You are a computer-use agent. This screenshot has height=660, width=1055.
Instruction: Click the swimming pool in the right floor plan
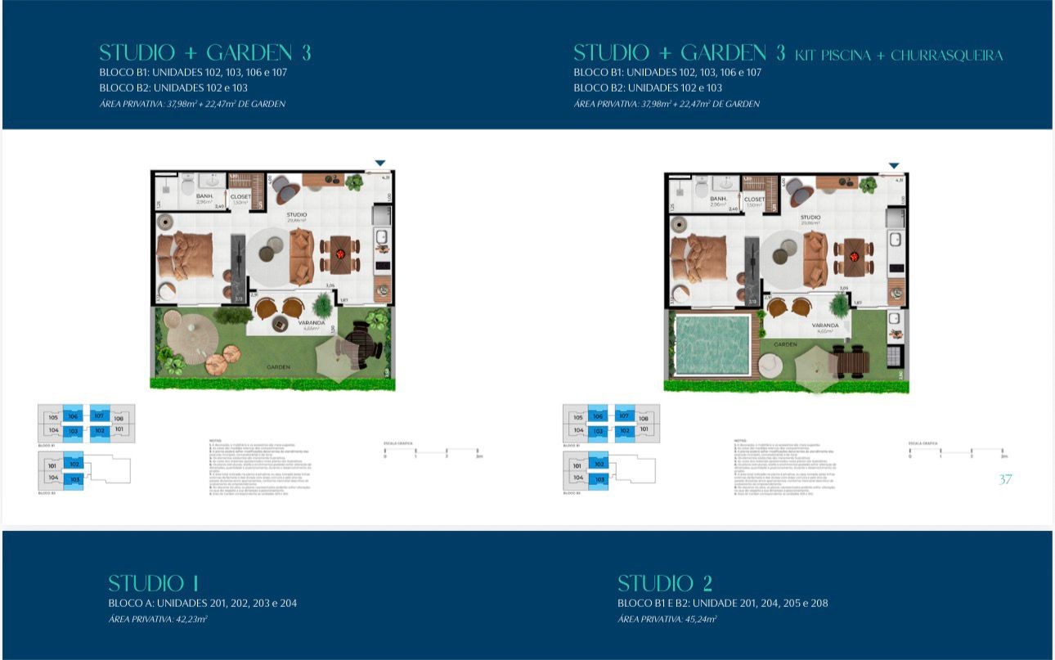(x=712, y=344)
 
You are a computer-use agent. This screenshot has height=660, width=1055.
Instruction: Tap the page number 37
(x=1005, y=479)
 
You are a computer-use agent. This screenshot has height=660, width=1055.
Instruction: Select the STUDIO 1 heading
(x=154, y=583)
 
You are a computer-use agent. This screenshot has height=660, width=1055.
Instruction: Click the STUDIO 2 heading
(x=664, y=583)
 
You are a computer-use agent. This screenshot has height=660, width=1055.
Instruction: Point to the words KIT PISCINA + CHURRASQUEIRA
(x=899, y=56)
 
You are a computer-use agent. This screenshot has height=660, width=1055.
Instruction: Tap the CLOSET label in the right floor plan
(x=754, y=199)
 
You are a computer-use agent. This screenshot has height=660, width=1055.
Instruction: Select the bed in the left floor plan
(x=185, y=256)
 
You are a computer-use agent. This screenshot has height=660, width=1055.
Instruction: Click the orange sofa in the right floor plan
(x=815, y=260)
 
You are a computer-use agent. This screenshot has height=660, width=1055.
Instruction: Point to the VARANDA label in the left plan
(x=289, y=323)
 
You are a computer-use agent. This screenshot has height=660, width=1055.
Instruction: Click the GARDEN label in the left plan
(x=278, y=367)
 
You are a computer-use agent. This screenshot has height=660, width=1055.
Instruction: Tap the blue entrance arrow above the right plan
(x=894, y=166)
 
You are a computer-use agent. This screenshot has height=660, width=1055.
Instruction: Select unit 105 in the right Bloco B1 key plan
(x=577, y=416)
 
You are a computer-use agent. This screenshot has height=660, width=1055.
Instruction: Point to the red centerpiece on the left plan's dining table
(x=339, y=256)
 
